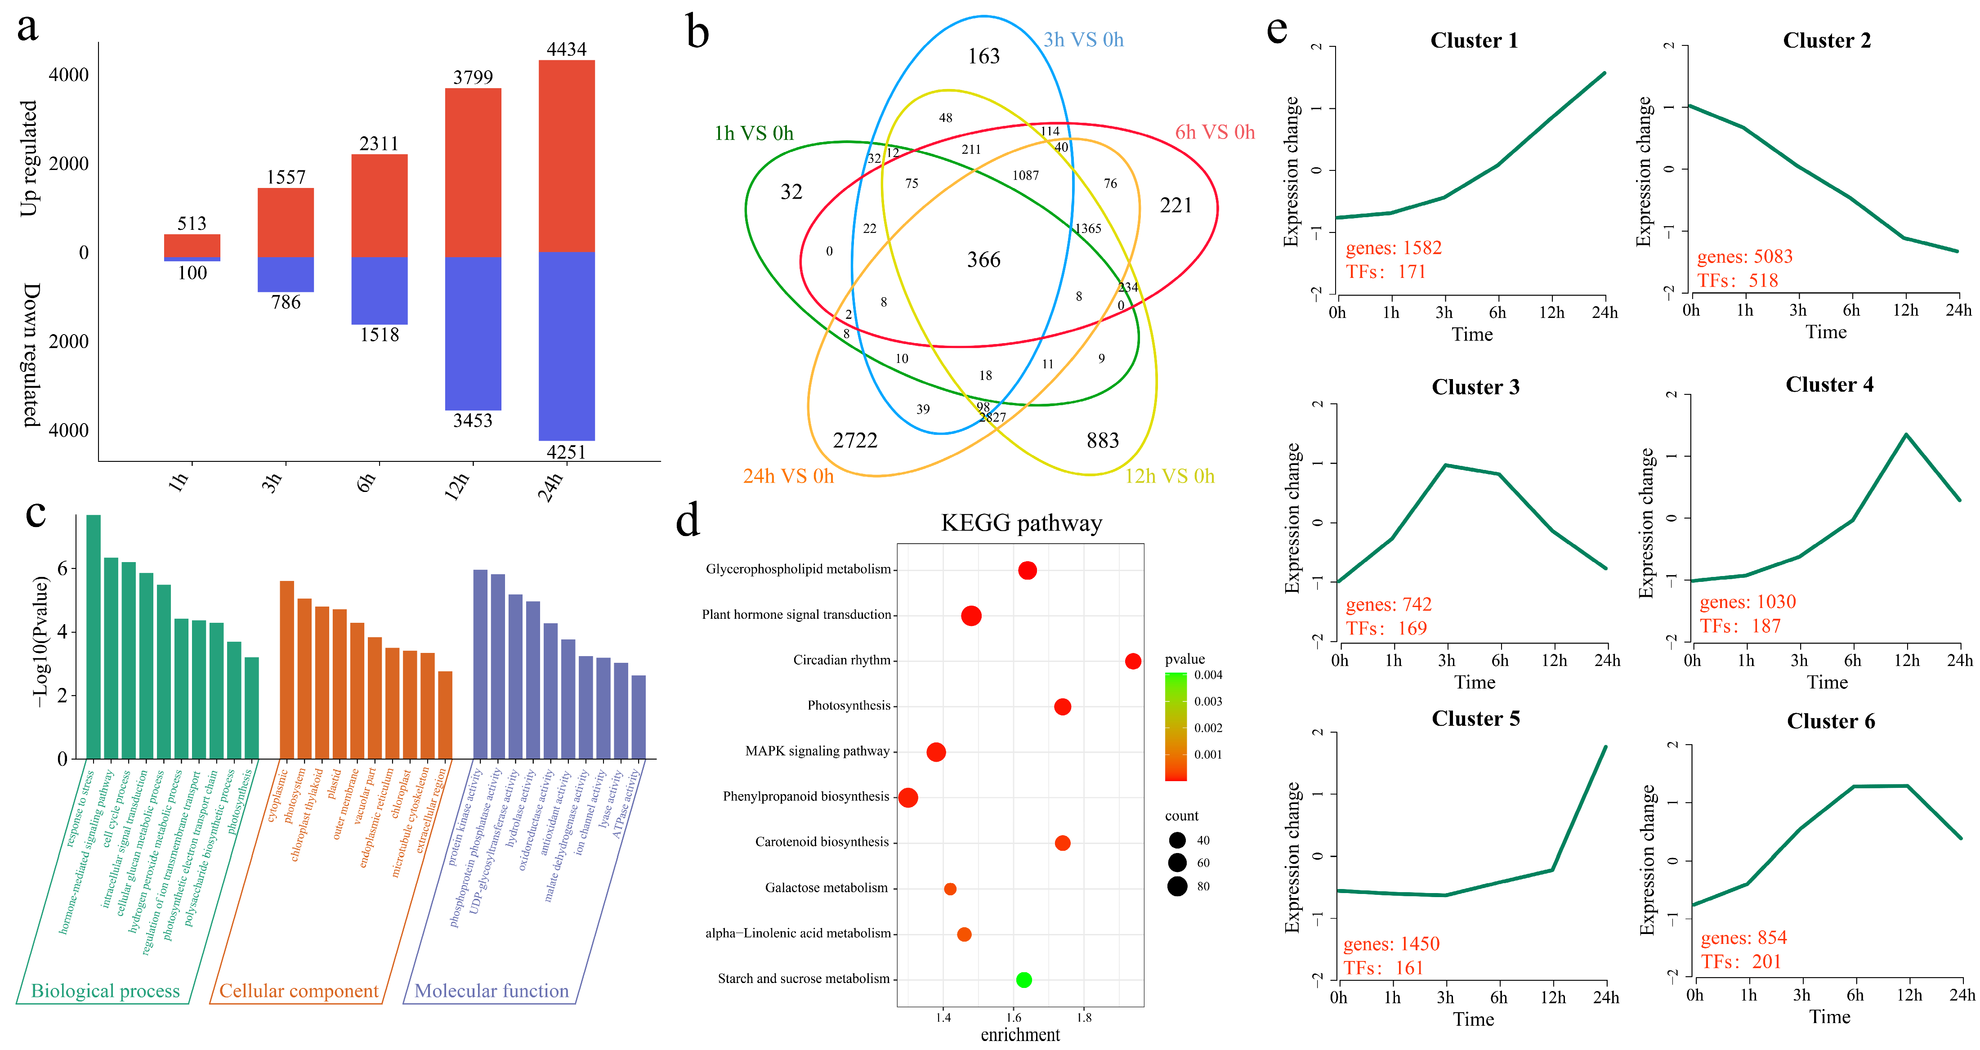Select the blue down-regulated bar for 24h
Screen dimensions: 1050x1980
567,346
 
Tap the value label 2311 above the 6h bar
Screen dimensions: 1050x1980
379,144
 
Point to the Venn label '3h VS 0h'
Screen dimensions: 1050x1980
1083,40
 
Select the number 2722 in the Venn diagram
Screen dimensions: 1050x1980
855,440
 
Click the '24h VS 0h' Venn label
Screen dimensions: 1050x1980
788,477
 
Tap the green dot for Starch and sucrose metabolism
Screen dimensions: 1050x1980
1023,979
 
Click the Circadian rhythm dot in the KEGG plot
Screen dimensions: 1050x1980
1132,661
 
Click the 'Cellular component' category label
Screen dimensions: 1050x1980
298,991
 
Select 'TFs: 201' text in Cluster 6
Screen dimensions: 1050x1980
1740,961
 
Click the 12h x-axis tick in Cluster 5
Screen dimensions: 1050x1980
1553,998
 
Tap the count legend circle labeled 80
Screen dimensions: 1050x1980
1177,886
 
